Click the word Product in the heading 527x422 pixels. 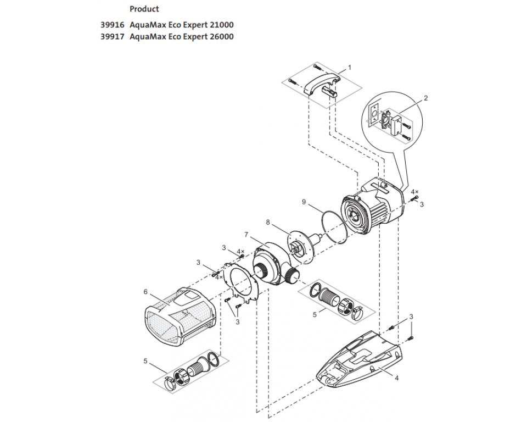[x=144, y=9]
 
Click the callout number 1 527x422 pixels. [x=349, y=68]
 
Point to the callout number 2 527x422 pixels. [x=425, y=98]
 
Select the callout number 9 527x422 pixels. [x=304, y=202]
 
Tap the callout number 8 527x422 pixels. [x=268, y=223]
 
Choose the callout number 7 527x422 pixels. [x=247, y=236]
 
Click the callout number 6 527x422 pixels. [x=145, y=292]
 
